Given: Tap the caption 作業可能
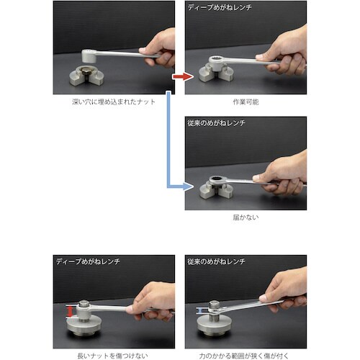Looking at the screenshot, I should [246, 102].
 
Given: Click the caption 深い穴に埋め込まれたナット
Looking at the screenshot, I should [114, 102].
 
